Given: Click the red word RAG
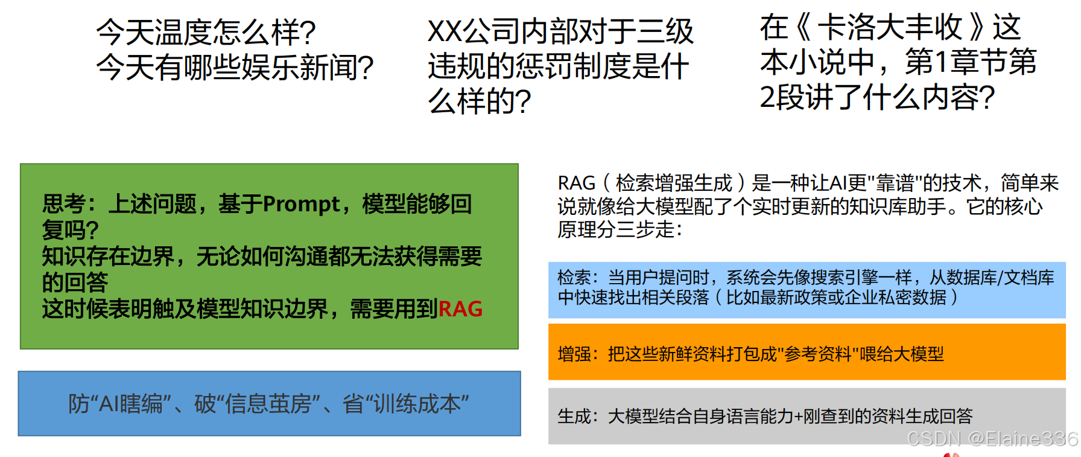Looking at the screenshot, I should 460,309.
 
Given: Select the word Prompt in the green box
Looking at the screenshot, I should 301,204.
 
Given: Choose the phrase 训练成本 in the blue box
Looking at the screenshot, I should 417,404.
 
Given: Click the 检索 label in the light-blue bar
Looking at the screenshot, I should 574,278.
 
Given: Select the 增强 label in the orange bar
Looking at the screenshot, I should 574,354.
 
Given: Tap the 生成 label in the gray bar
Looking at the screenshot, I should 574,416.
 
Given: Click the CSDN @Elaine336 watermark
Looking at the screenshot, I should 992,439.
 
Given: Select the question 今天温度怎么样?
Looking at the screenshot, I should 206,32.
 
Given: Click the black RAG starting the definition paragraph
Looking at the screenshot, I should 577,183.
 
